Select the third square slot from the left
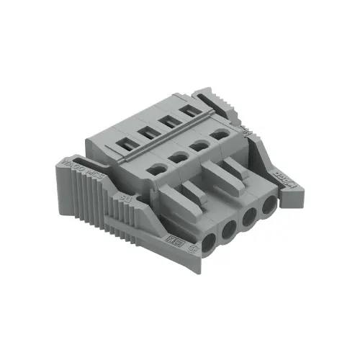coord(168,120)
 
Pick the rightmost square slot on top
coord(191,109)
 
